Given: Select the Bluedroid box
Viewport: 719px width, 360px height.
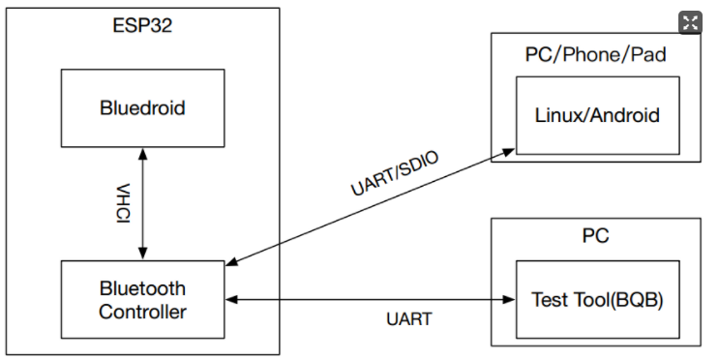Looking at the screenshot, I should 142,107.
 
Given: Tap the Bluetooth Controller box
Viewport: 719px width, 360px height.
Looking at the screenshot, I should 142,300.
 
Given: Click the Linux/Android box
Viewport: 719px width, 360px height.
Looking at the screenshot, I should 597,115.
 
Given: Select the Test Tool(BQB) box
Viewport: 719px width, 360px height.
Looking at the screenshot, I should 597,300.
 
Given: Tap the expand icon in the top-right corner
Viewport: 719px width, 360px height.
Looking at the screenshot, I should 690,23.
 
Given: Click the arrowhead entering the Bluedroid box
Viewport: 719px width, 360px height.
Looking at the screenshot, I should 142,152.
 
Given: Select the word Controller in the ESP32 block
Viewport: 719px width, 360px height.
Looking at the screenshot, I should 142,311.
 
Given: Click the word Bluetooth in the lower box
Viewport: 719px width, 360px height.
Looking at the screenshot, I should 142,289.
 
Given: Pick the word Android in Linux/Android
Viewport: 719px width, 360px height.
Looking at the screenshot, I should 626,115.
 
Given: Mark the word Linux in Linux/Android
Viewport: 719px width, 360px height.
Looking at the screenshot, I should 558,115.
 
